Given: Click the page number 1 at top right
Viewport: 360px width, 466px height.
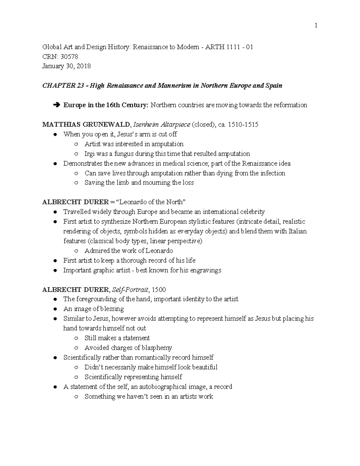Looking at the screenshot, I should click(x=316, y=26).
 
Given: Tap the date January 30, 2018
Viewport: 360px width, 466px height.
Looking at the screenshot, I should click(x=67, y=66).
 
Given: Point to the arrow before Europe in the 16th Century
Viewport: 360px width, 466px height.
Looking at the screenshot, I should click(x=56, y=105).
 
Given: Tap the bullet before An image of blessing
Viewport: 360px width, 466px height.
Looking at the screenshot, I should click(x=55, y=309).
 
